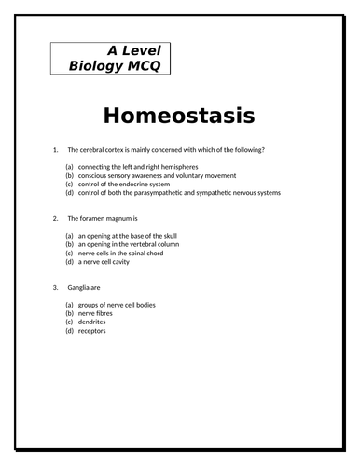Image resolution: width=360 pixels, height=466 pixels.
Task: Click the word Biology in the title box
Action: click(97, 68)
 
